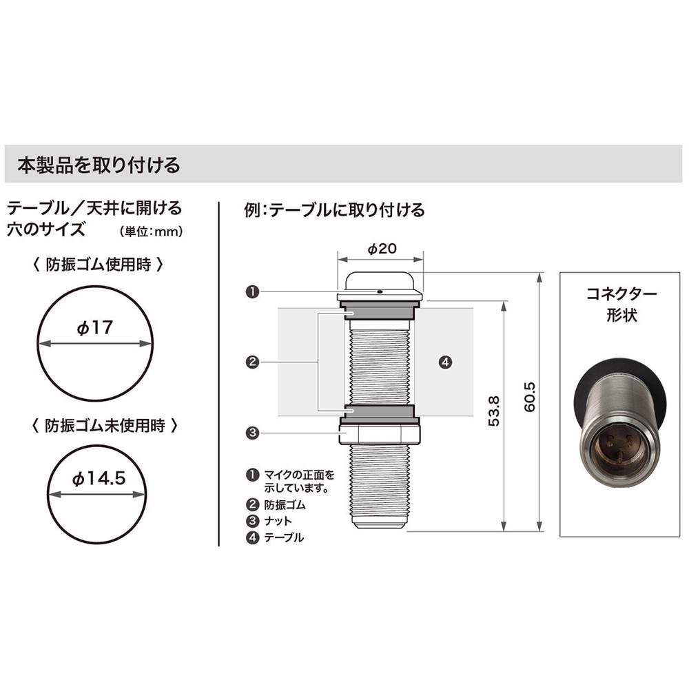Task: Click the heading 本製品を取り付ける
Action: coord(99,165)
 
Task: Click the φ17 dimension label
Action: coord(95,327)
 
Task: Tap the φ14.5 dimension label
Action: coord(99,478)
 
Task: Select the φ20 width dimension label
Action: coord(382,249)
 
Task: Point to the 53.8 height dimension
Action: coord(494,411)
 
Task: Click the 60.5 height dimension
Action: coord(530,397)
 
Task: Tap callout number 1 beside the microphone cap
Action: coord(252,291)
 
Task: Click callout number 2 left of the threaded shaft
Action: coord(252,362)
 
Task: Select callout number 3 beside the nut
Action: coord(252,433)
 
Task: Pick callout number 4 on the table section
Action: coord(445,362)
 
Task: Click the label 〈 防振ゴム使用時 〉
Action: coord(98,265)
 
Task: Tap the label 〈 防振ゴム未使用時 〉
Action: coord(105,425)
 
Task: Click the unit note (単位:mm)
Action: coord(151,232)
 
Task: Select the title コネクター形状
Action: coord(621,304)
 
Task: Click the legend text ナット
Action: coord(278,521)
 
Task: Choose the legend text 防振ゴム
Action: coord(285,505)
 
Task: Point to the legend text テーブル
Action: coord(284,537)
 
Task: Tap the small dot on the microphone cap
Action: coord(380,291)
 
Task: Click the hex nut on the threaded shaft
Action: coord(380,431)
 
